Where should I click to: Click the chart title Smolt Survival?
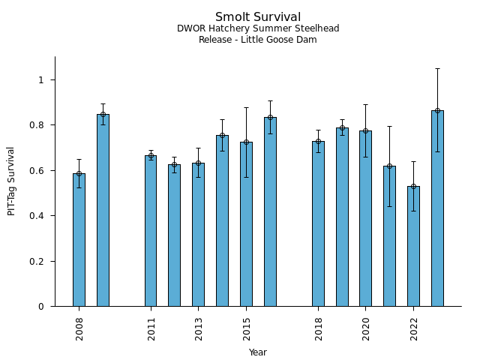point(258,17)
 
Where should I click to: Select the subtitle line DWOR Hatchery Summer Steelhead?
point(258,28)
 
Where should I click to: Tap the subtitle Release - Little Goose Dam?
point(258,40)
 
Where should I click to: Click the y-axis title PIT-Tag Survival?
point(11,181)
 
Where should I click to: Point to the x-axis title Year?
point(258,352)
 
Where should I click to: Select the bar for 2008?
point(79,240)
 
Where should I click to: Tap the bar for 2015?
point(246,224)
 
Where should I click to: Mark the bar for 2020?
point(365,218)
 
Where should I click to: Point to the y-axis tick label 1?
point(42,80)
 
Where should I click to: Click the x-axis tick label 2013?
point(199,328)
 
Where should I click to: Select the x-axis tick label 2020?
point(366,328)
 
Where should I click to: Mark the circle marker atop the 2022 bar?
point(413,186)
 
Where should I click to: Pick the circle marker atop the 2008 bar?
point(79,173)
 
